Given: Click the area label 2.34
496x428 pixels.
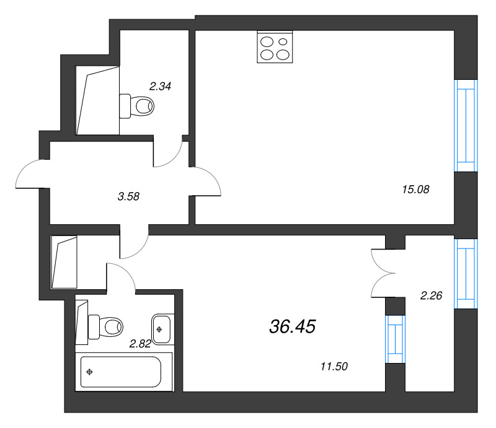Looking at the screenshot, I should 160,87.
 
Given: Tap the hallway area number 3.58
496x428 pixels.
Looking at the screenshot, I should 128,196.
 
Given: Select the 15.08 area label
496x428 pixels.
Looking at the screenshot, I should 416,190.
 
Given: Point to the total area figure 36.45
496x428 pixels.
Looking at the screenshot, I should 293,326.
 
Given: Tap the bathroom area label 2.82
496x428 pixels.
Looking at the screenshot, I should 141,343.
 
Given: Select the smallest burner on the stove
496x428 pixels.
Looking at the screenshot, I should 283,42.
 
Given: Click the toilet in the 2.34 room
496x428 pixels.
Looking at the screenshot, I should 137,105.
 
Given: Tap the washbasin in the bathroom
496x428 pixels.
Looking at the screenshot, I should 161,328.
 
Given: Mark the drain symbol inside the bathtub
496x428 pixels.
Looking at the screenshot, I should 91,372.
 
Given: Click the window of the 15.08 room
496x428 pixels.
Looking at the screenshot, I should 466,126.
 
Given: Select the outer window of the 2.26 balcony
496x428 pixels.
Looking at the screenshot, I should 466,273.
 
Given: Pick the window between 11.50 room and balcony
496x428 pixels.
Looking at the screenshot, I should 395,339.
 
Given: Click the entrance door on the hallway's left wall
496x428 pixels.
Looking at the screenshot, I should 31,175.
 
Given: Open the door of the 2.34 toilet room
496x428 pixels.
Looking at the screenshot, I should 169,154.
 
